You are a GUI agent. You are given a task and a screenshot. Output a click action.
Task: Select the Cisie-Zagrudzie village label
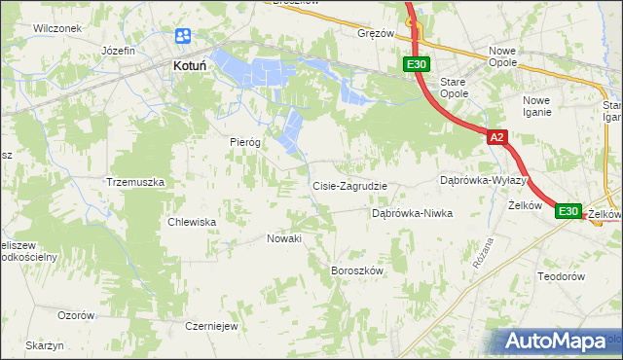349,186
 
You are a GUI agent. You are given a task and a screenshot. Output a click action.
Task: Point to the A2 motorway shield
496,138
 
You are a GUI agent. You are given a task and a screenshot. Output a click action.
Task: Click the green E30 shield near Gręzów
416,64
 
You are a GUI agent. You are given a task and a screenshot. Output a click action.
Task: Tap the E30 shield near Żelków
568,211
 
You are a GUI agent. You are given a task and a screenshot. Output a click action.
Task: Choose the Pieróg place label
245,142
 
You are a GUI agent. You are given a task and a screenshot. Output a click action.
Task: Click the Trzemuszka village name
135,182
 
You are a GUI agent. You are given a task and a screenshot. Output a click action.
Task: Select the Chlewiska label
191,222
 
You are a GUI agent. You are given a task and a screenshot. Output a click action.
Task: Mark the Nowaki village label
284,238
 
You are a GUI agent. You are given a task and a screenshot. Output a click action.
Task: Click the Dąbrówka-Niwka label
413,213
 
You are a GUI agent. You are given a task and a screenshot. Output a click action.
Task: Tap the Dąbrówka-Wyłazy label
483,180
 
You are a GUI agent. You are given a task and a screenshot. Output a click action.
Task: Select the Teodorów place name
560,276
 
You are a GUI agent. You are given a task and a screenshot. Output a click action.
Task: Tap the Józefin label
117,49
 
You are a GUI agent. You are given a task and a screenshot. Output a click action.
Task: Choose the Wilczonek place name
55,28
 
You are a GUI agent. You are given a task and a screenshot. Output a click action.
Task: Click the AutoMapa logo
556,342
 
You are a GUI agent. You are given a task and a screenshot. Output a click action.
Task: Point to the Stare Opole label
454,89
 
